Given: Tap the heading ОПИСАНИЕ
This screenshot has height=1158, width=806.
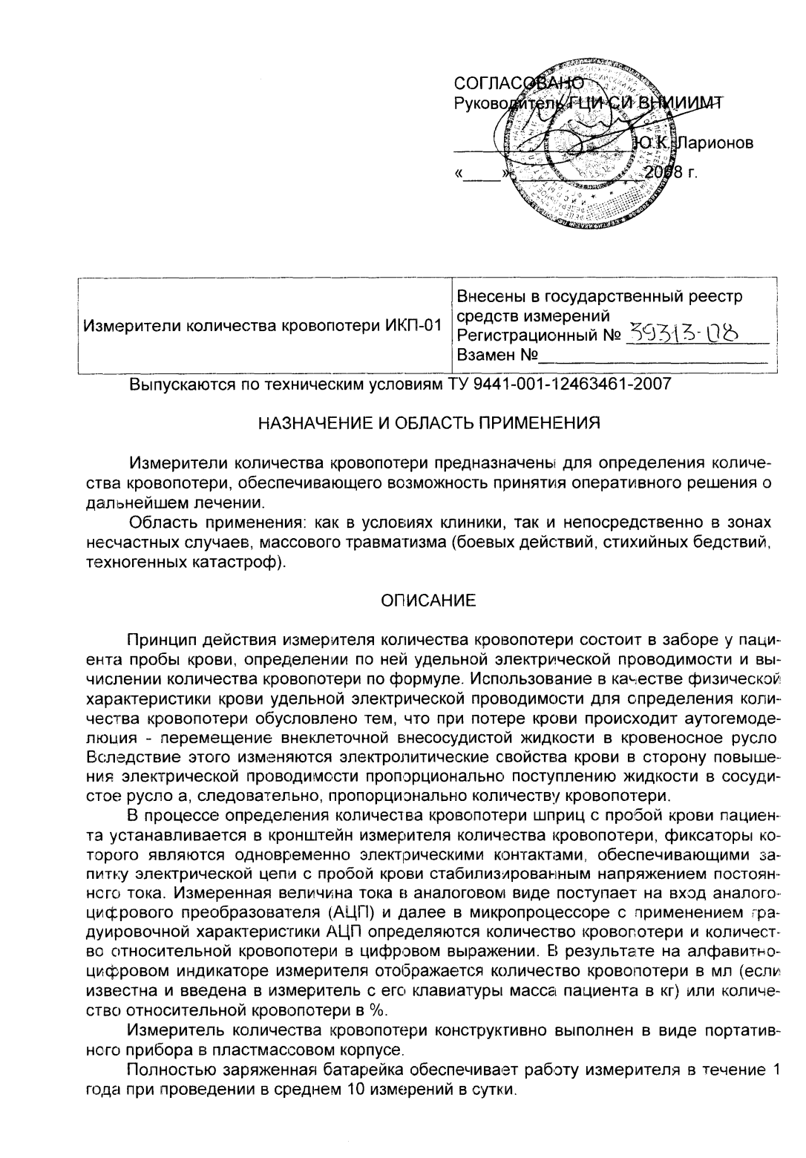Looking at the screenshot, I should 428,601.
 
